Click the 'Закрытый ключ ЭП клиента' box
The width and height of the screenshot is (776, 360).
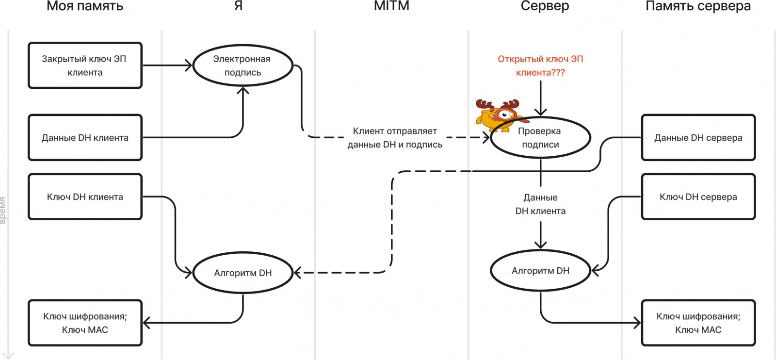click(85, 65)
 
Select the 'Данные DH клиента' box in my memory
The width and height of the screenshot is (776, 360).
click(85, 138)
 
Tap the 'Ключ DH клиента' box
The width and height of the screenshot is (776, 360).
click(85, 197)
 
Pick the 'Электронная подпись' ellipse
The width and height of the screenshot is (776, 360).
click(242, 65)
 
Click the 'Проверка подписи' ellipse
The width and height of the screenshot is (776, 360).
click(540, 138)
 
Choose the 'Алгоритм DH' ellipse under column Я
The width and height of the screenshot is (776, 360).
click(242, 273)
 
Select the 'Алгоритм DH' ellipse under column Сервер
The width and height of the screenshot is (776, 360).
click(540, 271)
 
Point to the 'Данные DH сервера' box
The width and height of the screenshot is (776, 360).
click(698, 138)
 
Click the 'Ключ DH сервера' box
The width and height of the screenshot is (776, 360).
click(698, 197)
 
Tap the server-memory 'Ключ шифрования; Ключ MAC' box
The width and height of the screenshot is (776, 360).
click(698, 323)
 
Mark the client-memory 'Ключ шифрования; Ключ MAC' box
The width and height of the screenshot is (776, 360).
click(85, 323)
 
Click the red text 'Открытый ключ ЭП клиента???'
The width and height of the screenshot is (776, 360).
click(540, 65)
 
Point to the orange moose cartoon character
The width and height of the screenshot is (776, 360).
click(497, 115)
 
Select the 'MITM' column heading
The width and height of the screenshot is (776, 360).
click(391, 6)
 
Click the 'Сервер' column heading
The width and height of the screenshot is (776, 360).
click(545, 6)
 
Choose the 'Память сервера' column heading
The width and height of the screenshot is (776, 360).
click(698, 6)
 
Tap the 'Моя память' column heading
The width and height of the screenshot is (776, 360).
click(85, 6)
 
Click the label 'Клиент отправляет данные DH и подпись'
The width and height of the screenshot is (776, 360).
click(395, 138)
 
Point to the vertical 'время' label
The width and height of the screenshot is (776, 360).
click(3, 210)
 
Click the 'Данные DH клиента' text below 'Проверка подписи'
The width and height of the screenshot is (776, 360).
click(540, 204)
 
